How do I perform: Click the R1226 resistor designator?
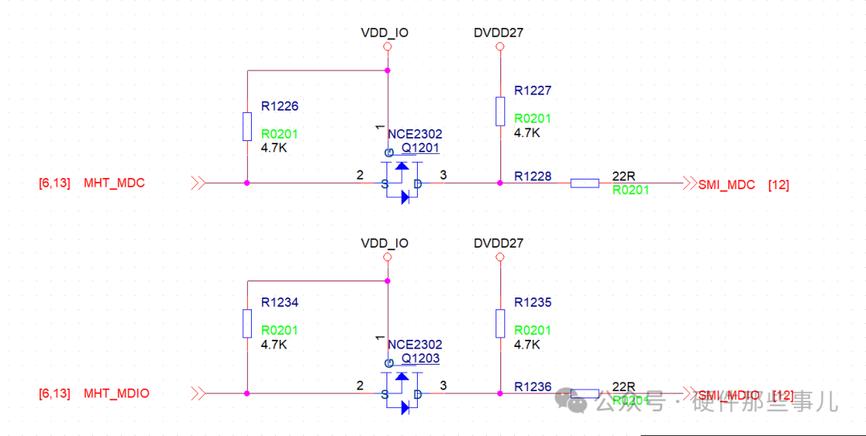click(280, 106)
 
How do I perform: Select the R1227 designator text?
click(533, 91)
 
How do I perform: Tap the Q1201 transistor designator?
click(420, 148)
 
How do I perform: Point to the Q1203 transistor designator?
click(420, 358)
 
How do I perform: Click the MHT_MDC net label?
click(114, 183)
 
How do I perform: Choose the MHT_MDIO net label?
click(116, 394)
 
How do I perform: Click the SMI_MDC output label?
click(726, 184)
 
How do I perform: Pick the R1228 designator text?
click(533, 176)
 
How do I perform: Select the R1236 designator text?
click(533, 387)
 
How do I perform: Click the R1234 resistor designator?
click(280, 302)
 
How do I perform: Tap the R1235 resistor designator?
click(533, 302)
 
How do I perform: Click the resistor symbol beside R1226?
click(247, 127)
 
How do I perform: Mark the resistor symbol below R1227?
click(500, 111)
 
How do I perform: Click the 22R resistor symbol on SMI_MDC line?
click(585, 184)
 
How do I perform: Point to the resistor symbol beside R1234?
click(247, 323)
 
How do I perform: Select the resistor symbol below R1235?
click(500, 323)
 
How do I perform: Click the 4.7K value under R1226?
click(274, 148)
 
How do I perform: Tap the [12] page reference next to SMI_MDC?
click(778, 184)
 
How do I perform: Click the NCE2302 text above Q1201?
click(415, 135)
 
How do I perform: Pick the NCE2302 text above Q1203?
click(415, 345)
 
